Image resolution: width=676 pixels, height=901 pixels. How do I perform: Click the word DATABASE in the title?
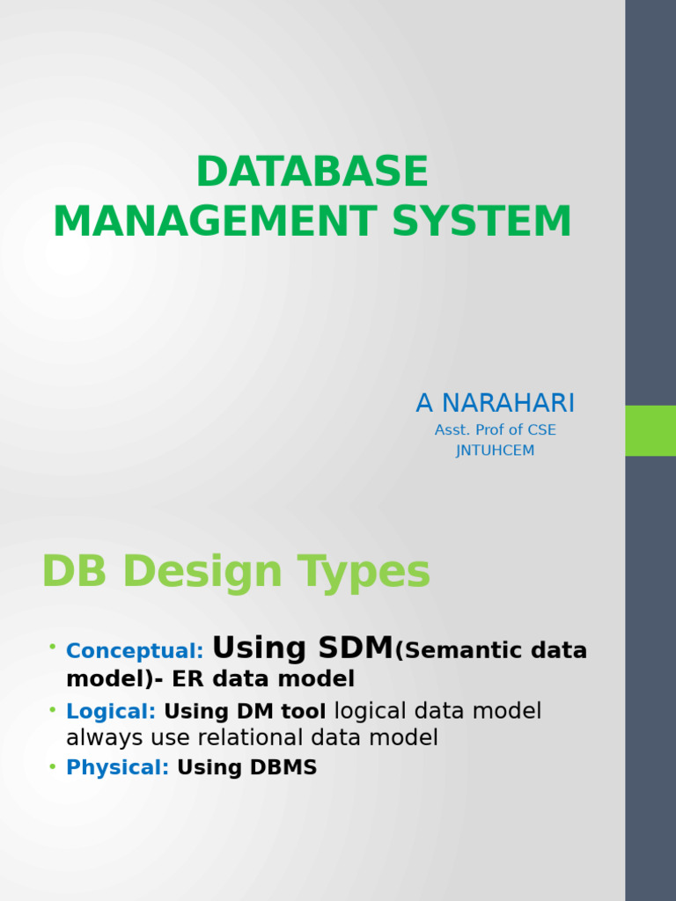point(312,172)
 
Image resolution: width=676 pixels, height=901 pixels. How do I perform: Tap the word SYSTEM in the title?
point(481,221)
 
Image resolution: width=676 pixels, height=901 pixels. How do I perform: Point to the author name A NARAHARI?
point(495,403)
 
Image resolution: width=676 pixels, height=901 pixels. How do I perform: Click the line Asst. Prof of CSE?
point(495,430)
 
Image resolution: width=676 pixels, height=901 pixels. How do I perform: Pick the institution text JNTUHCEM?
point(495,450)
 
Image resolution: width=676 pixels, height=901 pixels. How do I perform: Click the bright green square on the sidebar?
point(650,430)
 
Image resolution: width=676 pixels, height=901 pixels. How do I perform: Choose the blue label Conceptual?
point(135,651)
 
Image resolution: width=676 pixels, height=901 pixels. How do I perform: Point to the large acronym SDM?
point(352,648)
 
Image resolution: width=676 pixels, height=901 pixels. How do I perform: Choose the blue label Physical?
point(117,767)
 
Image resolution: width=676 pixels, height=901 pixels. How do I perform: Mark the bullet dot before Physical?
point(53,765)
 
